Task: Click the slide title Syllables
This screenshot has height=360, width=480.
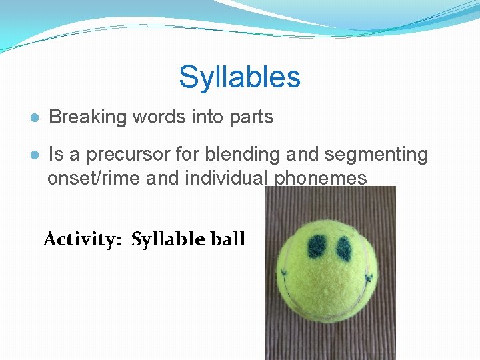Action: click(x=239, y=77)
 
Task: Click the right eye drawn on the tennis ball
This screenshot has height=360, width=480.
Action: click(x=344, y=249)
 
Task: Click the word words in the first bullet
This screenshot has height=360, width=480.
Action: click(x=155, y=117)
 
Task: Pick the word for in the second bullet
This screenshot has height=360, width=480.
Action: click(x=187, y=155)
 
